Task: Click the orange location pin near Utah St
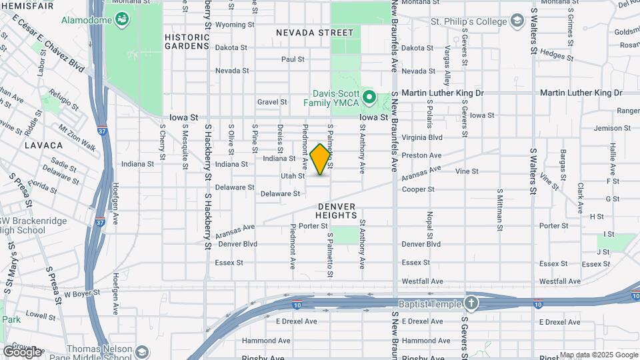(321, 159)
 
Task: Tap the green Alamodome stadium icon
(122, 21)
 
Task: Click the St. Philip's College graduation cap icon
(517, 22)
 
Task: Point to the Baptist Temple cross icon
(472, 303)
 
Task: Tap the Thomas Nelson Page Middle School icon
(141, 351)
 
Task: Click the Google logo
(22, 351)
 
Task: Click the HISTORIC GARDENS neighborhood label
(187, 41)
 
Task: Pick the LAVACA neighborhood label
(44, 145)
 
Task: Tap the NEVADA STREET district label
(315, 32)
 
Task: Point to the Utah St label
(293, 176)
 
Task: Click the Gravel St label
(272, 102)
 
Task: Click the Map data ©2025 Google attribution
(599, 355)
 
